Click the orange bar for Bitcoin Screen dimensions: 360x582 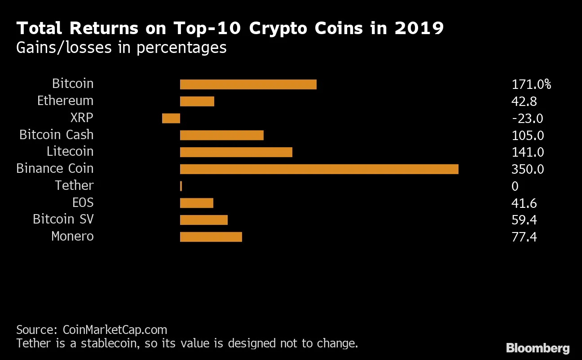click(248, 84)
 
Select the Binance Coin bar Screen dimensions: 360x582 click(319, 169)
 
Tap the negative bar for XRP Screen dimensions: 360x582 click(171, 118)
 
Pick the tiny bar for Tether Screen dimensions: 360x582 click(181, 186)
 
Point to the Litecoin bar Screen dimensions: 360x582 click(236, 152)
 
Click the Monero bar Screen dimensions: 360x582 click(211, 237)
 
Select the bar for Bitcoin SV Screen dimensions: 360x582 click(203, 220)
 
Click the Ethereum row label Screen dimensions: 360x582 click(65, 101)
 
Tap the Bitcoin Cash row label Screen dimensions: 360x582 click(56, 135)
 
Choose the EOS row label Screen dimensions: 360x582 click(83, 202)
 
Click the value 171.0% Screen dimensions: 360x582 click(531, 84)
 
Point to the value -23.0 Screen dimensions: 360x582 click(527, 119)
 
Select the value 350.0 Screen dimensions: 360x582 click(528, 169)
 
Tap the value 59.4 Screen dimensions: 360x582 click(524, 220)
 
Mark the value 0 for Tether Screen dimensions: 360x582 click(515, 186)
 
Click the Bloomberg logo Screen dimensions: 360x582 click(538, 348)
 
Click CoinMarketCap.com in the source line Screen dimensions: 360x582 click(114, 330)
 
